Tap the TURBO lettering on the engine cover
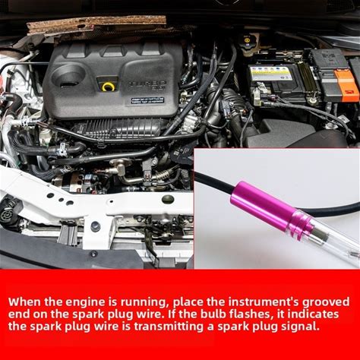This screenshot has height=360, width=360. point(147,84)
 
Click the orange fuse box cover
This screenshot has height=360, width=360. point(346,84)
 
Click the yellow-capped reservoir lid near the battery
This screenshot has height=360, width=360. point(247,39)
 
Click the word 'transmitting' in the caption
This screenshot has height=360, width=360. point(169,327)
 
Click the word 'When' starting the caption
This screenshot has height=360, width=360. point(24,302)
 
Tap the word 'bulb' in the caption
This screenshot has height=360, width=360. point(212,314)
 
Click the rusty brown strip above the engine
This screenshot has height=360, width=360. point(96,24)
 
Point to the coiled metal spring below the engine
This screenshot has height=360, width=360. point(161,174)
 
